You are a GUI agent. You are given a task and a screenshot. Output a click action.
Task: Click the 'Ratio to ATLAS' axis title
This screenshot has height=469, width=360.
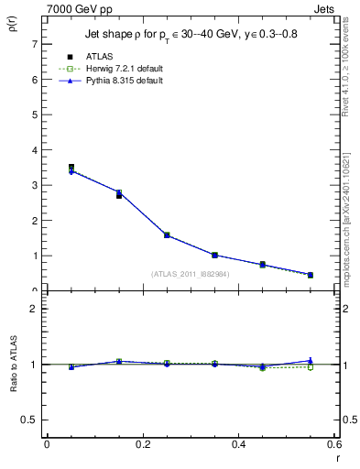coord(13,364)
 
